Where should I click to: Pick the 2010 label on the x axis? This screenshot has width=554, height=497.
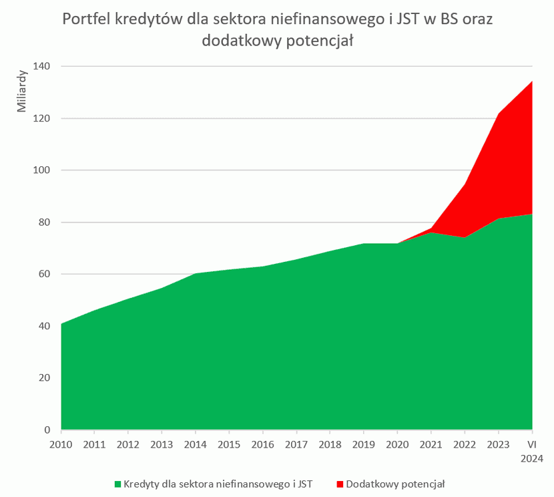(61, 444)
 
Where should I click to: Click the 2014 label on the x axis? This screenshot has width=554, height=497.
(196, 444)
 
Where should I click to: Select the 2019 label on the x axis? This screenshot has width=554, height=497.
(364, 444)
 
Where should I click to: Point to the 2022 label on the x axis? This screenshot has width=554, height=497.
(465, 444)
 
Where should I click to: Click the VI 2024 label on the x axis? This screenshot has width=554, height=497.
(532, 451)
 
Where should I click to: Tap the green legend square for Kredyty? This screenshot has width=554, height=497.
(117, 483)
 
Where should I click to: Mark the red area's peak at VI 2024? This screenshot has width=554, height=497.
(531, 81)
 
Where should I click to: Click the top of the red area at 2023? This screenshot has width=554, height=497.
(499, 114)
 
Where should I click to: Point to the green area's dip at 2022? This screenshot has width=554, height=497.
(465, 237)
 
